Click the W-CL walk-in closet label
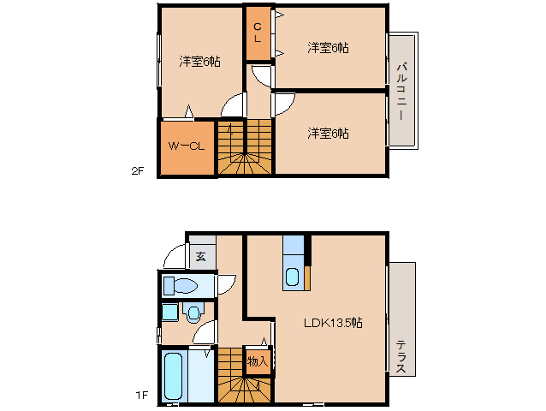click(186, 146)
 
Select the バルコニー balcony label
click(401, 89)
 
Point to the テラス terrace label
click(401, 356)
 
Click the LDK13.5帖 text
click(333, 323)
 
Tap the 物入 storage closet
click(258, 361)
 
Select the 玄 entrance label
click(200, 255)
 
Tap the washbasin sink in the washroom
click(193, 312)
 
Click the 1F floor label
click(141, 395)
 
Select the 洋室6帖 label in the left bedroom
click(199, 62)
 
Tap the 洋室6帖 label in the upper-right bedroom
click(329, 48)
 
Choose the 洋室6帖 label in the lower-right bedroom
click(329, 133)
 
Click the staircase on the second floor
click(244, 147)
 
